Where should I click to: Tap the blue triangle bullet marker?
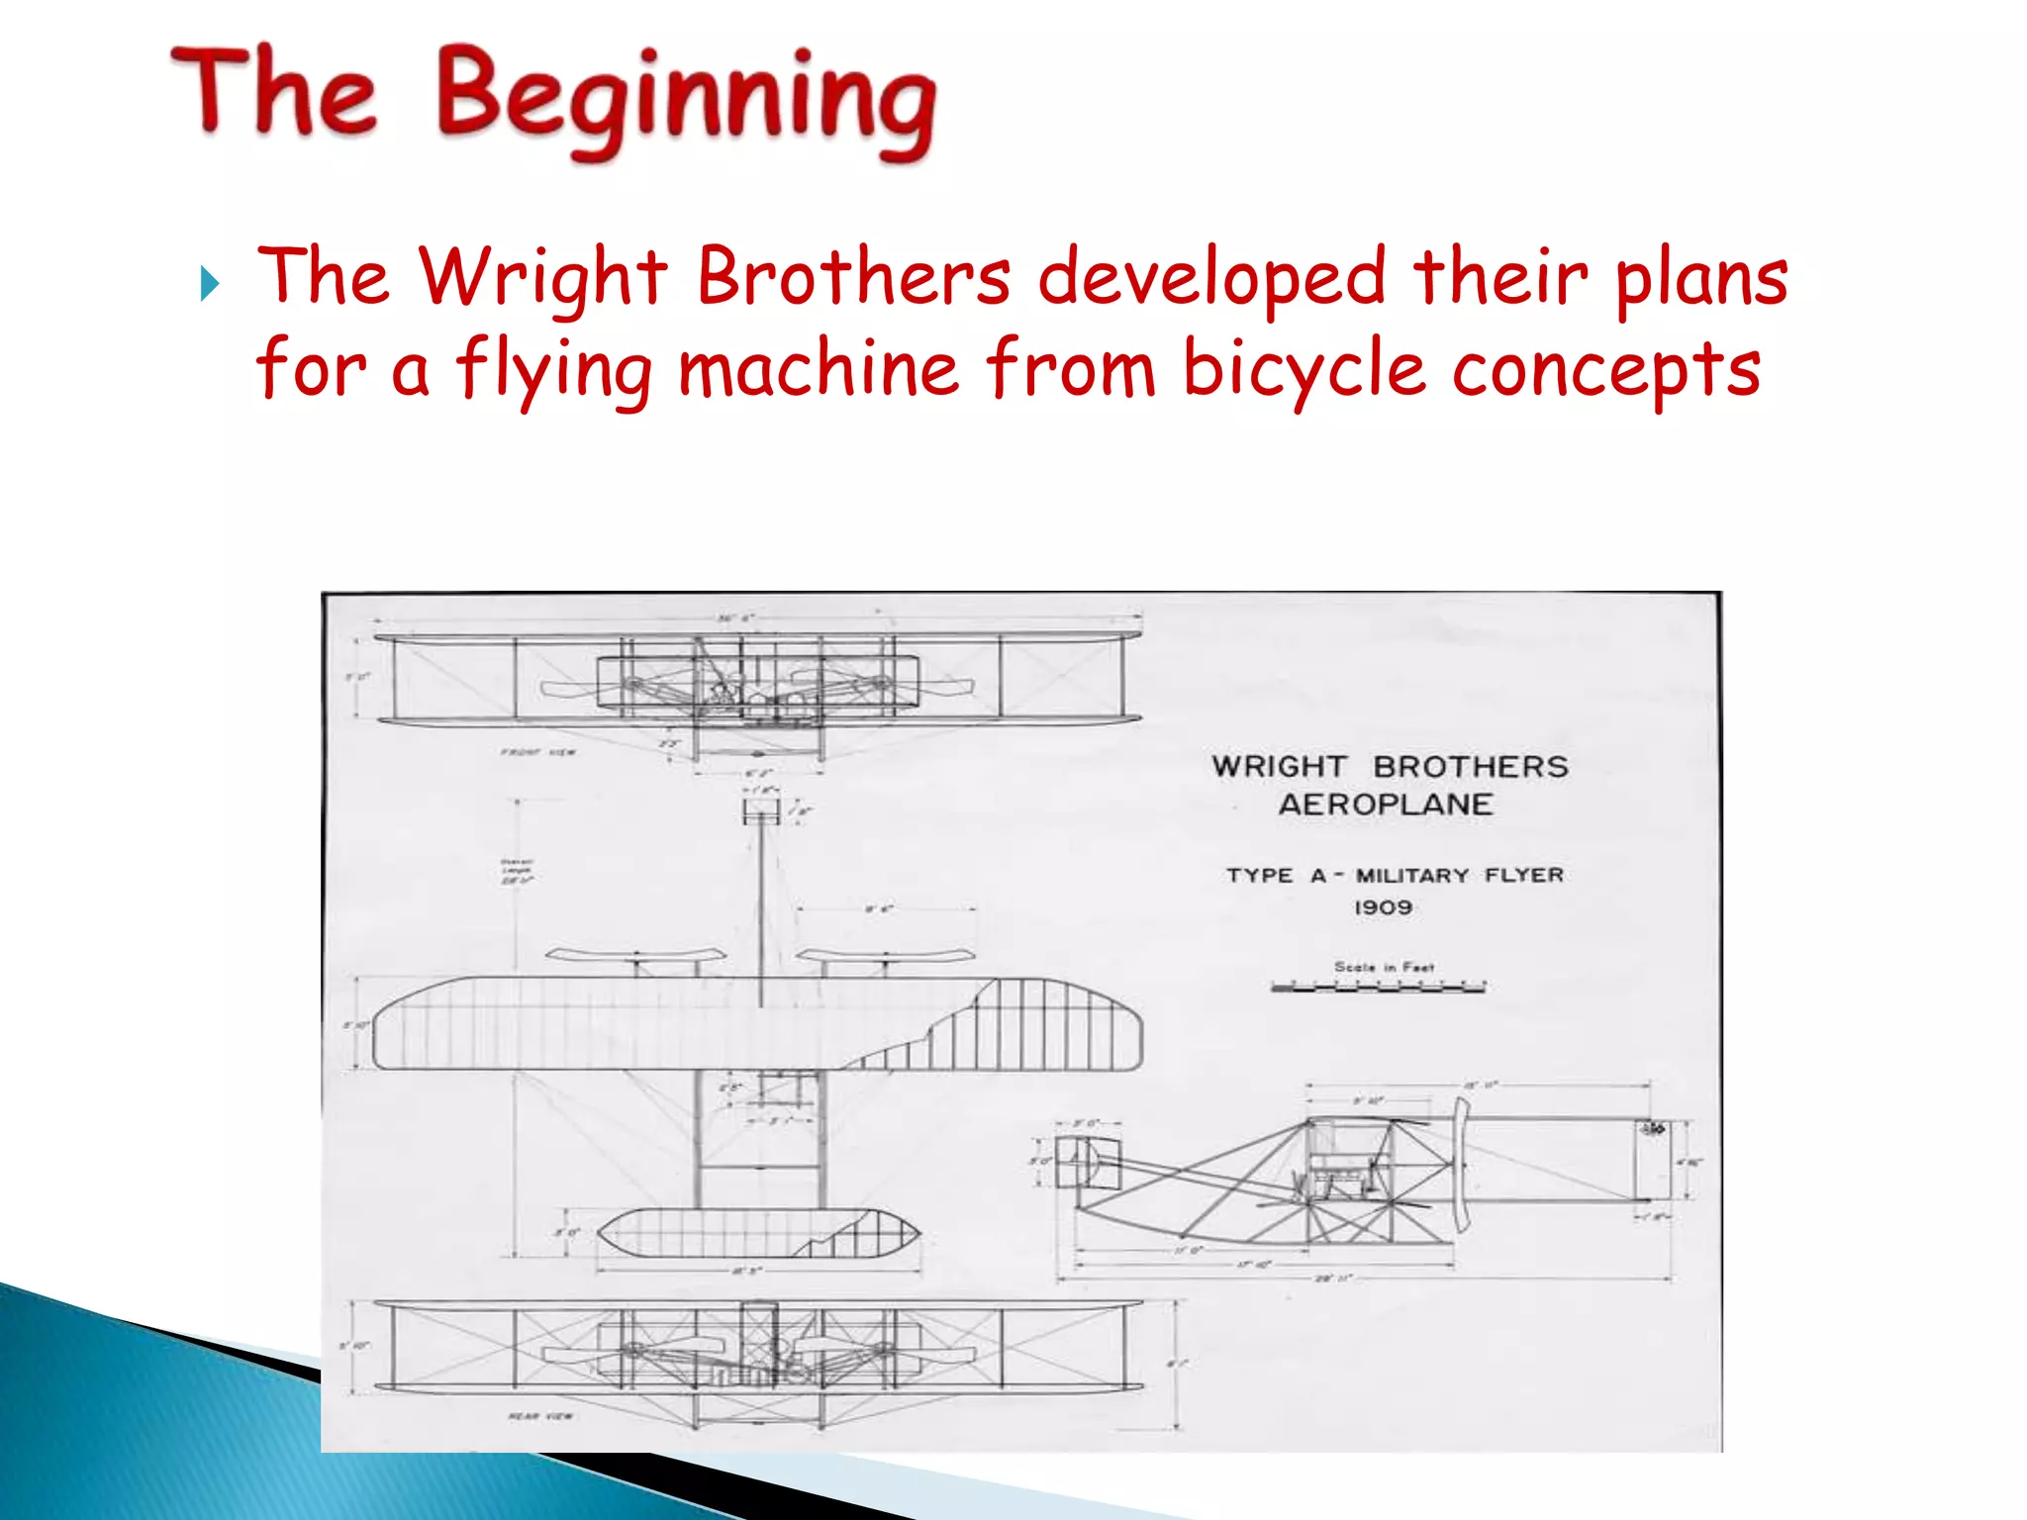click(209, 284)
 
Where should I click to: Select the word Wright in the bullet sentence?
click(542, 278)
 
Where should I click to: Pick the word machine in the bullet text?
click(818, 368)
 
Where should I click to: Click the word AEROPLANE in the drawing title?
click(1385, 805)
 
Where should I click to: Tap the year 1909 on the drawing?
click(1383, 907)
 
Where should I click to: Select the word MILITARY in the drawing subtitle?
click(1412, 876)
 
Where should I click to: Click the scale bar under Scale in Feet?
click(1378, 987)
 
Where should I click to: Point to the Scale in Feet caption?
click(1384, 966)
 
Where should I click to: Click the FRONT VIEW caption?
click(537, 753)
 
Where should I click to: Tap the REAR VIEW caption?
click(540, 1416)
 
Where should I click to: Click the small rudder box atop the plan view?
click(761, 811)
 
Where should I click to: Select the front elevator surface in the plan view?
click(758, 1233)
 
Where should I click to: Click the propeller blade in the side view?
click(1460, 1163)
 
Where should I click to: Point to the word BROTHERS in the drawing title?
click(1470, 767)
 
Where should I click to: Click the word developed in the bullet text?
click(1211, 278)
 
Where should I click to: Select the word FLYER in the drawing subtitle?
click(1523, 876)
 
